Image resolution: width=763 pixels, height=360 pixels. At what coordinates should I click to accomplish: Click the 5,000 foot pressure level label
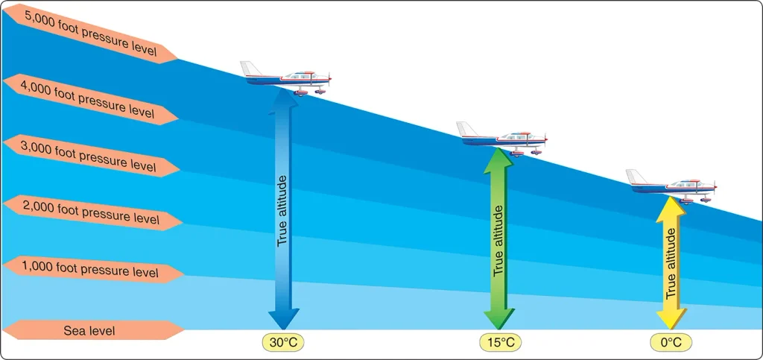tap(90, 33)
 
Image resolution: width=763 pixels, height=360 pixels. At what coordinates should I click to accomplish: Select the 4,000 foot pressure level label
tap(90, 99)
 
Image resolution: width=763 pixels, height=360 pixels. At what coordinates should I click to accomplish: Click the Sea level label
tap(93, 331)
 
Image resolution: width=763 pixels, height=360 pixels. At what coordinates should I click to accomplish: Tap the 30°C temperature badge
tap(284, 343)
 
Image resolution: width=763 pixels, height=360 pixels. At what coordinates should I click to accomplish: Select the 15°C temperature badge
tap(500, 343)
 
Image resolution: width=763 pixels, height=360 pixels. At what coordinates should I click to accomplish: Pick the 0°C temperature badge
tap(671, 343)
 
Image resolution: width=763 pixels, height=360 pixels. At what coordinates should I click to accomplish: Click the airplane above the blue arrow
tap(286, 78)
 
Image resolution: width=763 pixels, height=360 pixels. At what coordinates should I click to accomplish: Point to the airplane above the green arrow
tap(502, 139)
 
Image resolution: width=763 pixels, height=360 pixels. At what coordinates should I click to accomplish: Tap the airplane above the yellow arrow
tap(671, 186)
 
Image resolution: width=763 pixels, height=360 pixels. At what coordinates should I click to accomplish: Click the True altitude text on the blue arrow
tap(282, 210)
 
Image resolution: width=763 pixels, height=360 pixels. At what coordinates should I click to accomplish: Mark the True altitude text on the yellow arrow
tap(671, 264)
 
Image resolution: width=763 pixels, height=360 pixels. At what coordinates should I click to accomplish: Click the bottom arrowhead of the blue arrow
tap(284, 320)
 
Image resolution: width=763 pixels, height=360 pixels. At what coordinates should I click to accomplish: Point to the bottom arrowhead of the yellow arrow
tap(671, 320)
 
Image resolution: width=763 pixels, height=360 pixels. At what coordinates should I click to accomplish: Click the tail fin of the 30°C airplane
tap(250, 69)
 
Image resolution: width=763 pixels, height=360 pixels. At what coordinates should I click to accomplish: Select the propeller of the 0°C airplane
tap(715, 186)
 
